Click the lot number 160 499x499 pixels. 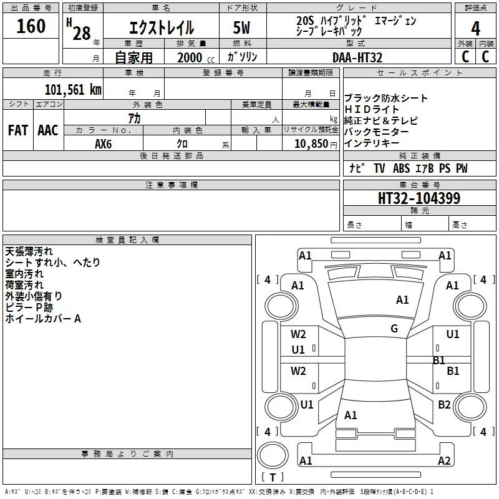pos(31,26)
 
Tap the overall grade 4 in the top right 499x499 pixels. pos(475,28)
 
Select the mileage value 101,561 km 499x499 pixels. pos(73,90)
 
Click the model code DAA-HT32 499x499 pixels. pos(357,57)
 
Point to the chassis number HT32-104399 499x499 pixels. pos(419,198)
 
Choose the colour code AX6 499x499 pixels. pos(103,144)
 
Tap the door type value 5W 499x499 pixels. pos(241,27)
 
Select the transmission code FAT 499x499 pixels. pos(18,130)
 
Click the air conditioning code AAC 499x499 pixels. pos(48,130)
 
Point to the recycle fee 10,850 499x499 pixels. pos(311,144)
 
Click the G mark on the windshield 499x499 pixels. pos(394,328)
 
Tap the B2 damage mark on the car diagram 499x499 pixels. pos(444,404)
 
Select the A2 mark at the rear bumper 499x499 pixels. pos(444,460)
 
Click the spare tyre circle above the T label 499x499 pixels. pos(273,455)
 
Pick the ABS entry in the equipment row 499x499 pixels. pos(401,168)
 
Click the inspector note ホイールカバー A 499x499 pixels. pos(43,319)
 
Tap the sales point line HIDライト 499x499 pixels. pos(371,109)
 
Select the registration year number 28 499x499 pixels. pos(82,34)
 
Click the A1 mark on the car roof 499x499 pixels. pos(402,300)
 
